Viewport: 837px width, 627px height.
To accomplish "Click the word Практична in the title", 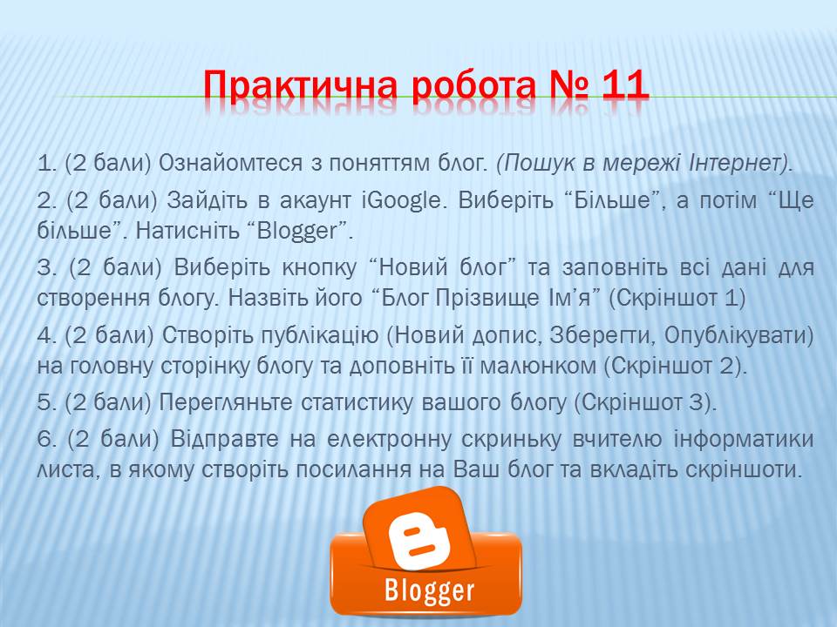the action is [x=300, y=85].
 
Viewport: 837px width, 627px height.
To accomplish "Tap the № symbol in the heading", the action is [x=568, y=85].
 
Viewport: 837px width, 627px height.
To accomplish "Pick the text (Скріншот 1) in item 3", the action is [x=677, y=298].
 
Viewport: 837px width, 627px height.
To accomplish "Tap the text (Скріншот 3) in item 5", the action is [x=645, y=402].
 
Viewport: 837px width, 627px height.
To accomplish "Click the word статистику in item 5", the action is [x=357, y=402].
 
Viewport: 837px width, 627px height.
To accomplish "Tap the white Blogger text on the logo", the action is [x=429, y=590].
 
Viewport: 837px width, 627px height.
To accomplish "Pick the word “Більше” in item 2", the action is [x=613, y=201].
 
